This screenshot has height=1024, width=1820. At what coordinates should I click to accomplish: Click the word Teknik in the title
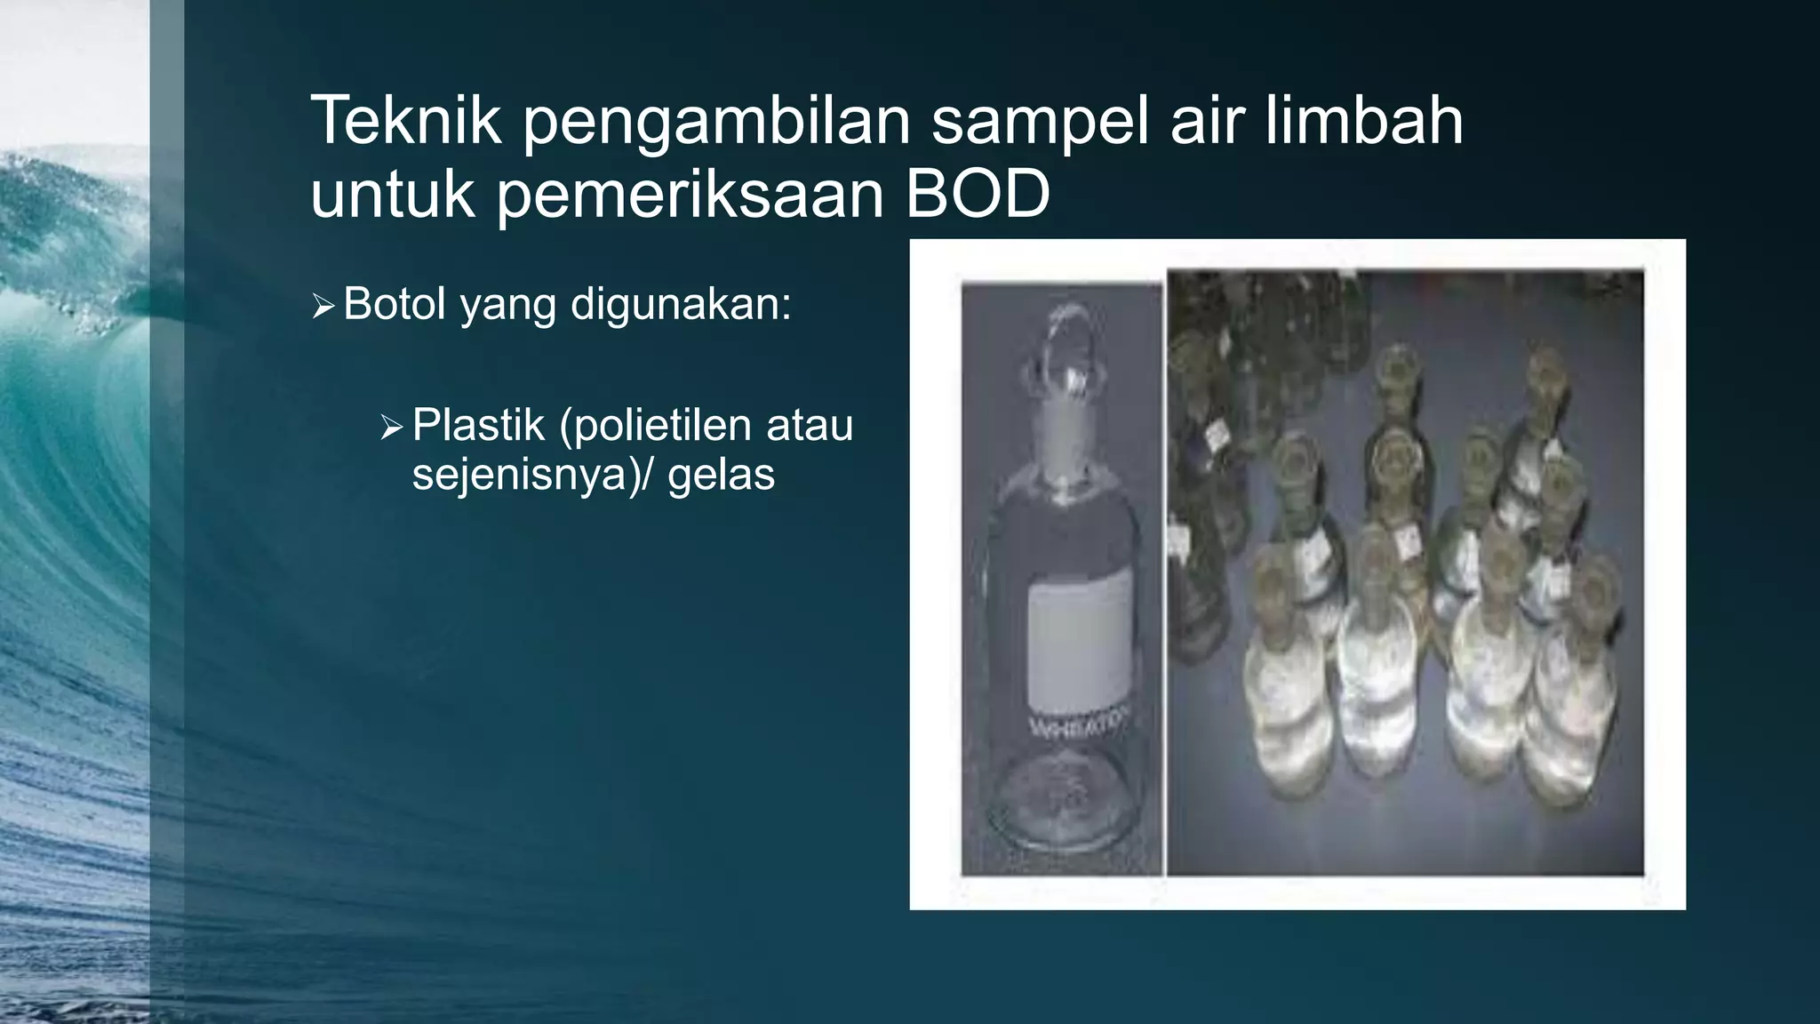tap(406, 121)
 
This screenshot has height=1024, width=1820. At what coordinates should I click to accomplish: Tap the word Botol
tap(395, 304)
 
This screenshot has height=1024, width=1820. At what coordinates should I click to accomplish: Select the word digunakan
tap(681, 304)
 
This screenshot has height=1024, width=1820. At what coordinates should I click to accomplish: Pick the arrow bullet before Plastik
tap(391, 428)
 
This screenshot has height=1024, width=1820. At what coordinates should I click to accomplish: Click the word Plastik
tap(478, 425)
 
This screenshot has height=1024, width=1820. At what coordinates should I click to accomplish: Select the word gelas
tap(721, 475)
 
